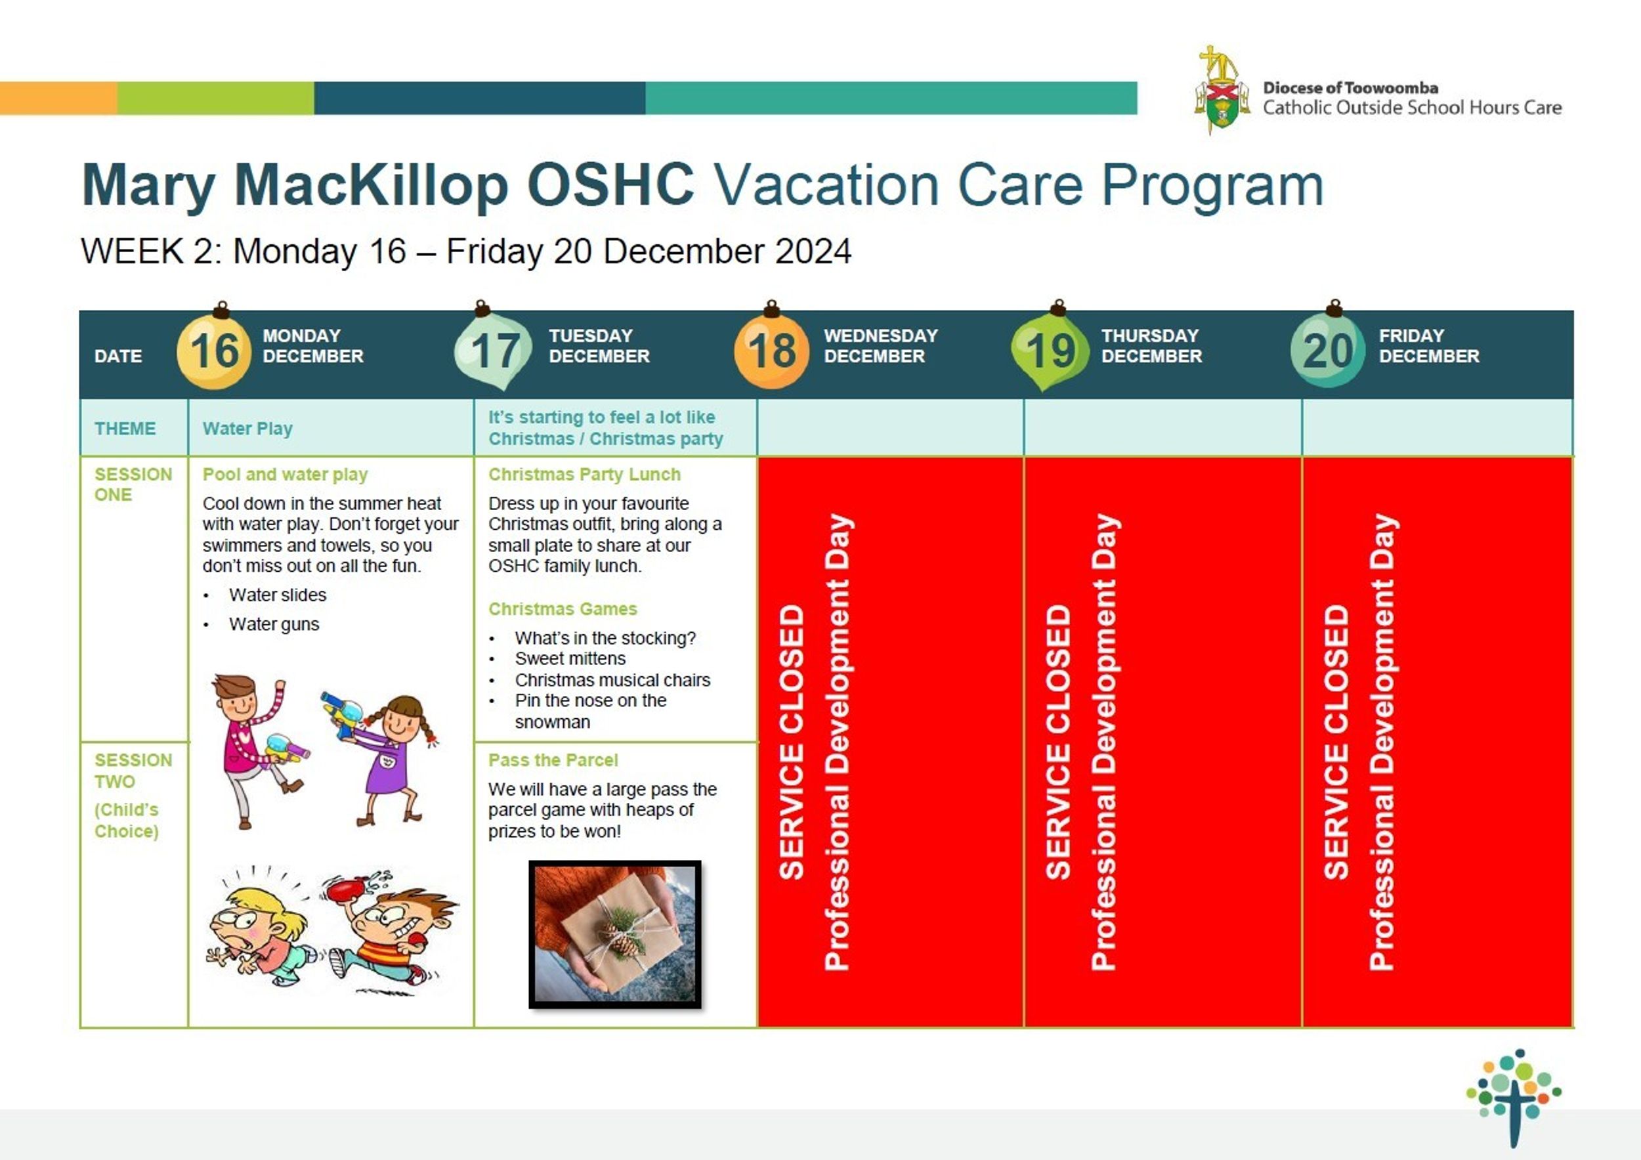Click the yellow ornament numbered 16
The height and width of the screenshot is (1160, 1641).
coord(214,350)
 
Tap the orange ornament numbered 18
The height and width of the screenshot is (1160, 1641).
coord(771,349)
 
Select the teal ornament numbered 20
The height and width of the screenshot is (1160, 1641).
coord(1328,349)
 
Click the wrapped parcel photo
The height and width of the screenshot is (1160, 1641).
coord(614,934)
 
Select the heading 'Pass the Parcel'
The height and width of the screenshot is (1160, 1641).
coord(553,760)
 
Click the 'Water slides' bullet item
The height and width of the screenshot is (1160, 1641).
coord(277,595)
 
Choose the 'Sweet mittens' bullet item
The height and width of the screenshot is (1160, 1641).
coord(570,658)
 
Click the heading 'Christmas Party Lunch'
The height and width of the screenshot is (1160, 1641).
coord(584,475)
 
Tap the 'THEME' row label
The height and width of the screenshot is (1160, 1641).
coord(125,428)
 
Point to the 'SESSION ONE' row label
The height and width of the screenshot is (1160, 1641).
coord(133,484)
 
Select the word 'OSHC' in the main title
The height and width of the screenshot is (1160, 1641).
coord(610,184)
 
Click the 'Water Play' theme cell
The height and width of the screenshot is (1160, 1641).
coord(247,428)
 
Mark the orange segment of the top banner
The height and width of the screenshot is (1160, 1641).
coord(58,98)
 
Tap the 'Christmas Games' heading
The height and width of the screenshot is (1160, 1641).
coord(563,609)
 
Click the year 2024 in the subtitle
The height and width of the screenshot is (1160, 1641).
coord(813,251)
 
